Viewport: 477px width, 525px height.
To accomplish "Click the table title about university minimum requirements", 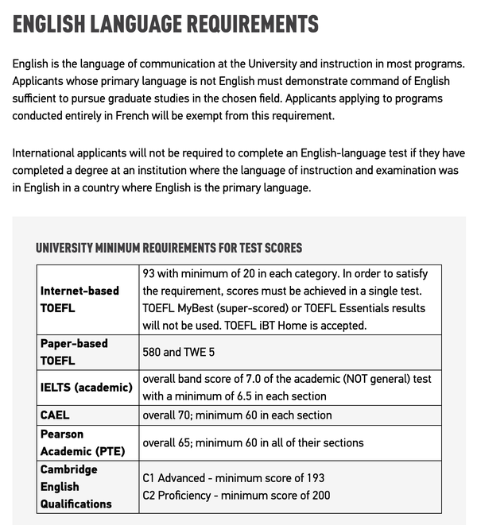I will (x=169, y=248).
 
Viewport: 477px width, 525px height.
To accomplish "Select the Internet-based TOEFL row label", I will (x=79, y=299).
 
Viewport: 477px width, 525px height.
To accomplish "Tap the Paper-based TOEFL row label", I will (x=74, y=351).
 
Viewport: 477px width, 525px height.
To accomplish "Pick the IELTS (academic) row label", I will (x=87, y=387).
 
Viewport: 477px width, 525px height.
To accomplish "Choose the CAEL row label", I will (x=55, y=415).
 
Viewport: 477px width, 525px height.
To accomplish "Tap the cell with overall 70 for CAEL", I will (x=237, y=415).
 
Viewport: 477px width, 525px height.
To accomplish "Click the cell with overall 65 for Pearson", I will (x=253, y=442).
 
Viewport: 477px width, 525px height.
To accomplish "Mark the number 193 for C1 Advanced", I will (x=314, y=478).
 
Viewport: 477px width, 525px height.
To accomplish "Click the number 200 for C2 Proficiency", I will (x=320, y=495).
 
